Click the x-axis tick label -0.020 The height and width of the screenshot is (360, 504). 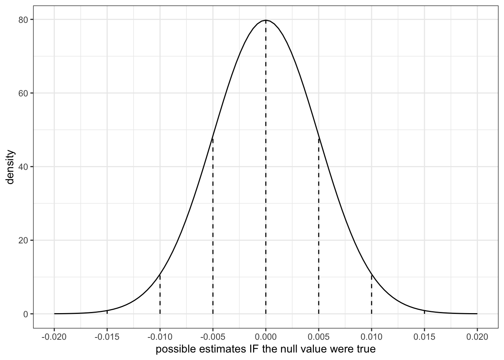pos(54,337)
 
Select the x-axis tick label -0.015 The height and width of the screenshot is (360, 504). pos(107,337)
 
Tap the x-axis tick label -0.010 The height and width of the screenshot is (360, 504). pos(160,337)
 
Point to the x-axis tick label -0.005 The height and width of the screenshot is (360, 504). pos(213,337)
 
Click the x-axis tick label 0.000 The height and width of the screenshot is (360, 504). pos(266,337)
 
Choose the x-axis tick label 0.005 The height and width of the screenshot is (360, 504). pos(319,337)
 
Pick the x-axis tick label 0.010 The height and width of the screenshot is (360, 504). pos(372,337)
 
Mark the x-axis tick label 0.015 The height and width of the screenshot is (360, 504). pos(424,337)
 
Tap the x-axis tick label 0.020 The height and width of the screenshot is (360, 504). pos(477,337)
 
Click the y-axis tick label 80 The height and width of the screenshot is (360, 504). pos(23,19)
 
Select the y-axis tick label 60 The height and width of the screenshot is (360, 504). pos(23,93)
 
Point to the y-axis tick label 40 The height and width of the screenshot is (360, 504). pos(23,166)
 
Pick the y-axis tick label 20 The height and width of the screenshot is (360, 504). pos(23,240)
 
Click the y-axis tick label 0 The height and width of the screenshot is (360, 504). pos(25,314)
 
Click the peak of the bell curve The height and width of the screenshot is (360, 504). pos(266,20)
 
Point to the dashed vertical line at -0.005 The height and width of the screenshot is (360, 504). pos(213,225)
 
